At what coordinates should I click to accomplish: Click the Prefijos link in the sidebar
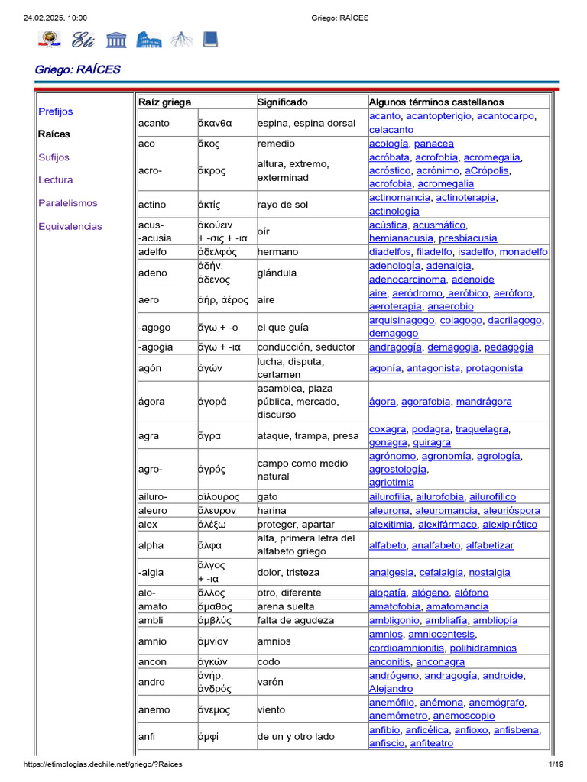(x=56, y=111)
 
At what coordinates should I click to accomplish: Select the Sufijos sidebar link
(x=54, y=157)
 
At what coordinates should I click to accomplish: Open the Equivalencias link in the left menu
(x=70, y=226)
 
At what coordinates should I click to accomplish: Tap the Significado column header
(x=283, y=102)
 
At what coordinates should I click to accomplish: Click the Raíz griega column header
(x=165, y=102)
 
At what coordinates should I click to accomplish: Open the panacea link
(x=433, y=144)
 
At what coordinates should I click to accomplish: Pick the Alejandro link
(x=391, y=689)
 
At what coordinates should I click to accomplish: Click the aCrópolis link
(x=486, y=170)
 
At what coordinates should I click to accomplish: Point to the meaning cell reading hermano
(x=277, y=252)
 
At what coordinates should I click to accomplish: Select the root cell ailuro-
(x=153, y=497)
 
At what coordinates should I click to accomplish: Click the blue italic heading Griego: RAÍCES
(x=77, y=69)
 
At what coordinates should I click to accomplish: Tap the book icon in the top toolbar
(x=210, y=39)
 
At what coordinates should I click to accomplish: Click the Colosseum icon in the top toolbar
(x=149, y=39)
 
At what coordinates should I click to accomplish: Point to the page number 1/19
(x=555, y=764)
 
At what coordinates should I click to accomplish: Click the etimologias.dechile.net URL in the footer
(x=102, y=764)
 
